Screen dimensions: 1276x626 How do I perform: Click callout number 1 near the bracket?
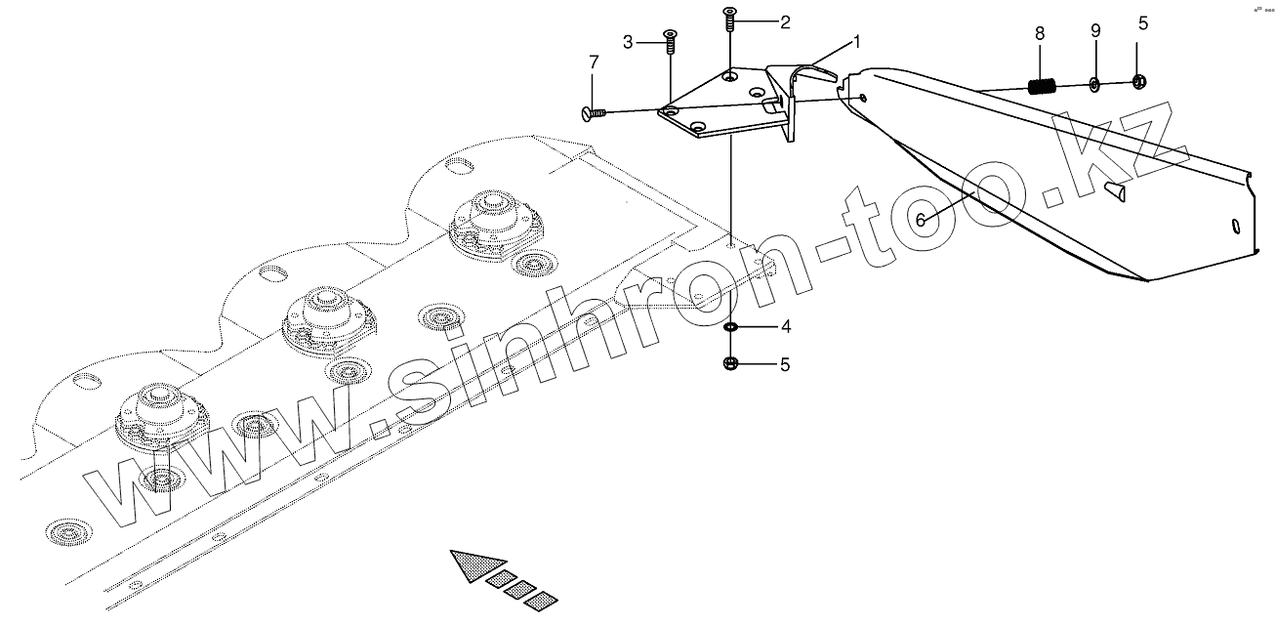click(x=856, y=42)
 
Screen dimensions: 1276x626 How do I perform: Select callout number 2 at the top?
click(x=784, y=21)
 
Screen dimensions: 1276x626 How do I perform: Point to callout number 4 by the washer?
click(x=784, y=325)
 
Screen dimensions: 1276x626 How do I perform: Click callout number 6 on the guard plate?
click(x=920, y=220)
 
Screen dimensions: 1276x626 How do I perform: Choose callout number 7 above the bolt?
click(x=593, y=63)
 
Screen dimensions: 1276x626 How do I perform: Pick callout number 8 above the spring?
click(x=1040, y=33)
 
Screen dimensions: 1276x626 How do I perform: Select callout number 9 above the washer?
click(x=1095, y=30)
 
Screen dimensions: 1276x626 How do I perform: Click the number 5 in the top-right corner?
click(x=1143, y=24)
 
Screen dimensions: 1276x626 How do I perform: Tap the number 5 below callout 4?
click(x=784, y=365)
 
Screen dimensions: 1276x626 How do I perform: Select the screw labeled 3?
click(x=671, y=41)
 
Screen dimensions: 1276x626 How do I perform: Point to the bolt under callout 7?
click(x=594, y=114)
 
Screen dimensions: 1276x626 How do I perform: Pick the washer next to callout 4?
click(x=730, y=326)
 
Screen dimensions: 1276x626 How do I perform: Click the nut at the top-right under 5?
click(x=1138, y=82)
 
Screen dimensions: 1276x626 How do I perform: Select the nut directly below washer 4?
click(x=730, y=364)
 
